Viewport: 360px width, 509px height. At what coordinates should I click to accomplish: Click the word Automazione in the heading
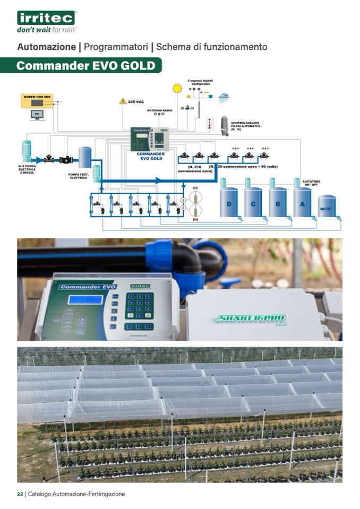point(47,47)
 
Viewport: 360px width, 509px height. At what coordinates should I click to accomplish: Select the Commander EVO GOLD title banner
point(85,66)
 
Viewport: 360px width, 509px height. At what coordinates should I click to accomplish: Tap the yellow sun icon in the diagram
point(177,89)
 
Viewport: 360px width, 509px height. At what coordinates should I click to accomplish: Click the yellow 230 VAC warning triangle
point(123,100)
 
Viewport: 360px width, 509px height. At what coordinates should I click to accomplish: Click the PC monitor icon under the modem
point(37,114)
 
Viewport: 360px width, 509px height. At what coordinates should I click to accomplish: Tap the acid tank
point(326,208)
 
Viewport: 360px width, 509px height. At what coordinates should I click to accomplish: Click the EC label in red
point(195,188)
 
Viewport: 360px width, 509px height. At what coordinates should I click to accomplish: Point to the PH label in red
point(195,219)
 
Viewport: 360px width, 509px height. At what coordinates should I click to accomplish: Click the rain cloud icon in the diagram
point(224,97)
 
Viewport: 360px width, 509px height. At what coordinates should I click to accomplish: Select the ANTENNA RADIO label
point(160,110)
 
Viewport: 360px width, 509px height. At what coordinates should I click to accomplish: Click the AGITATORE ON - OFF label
point(311,183)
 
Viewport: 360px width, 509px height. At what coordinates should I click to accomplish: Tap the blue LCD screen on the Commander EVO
point(85,299)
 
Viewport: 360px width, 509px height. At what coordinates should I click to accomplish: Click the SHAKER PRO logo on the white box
point(250,318)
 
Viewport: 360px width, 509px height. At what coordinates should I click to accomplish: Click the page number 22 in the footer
point(20,494)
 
